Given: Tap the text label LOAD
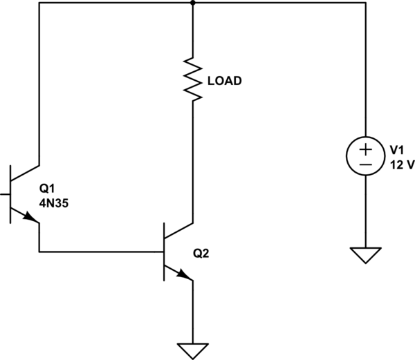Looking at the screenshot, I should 224,81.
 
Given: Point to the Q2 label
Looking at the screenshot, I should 200,254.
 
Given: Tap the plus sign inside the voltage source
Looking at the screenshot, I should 365,149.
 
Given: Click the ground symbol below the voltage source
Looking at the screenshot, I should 365,255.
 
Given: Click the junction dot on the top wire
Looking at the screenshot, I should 192,3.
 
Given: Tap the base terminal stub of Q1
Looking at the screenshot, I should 5,195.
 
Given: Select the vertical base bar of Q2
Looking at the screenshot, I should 164,252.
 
